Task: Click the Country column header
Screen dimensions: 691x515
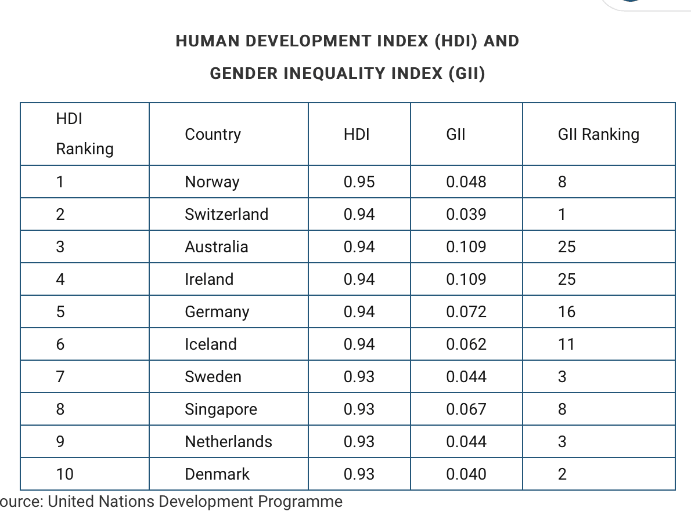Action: click(213, 135)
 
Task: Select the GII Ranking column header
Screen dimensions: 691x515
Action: click(599, 135)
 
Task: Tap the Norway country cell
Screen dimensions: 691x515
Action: click(212, 182)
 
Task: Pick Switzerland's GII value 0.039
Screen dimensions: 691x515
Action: click(466, 215)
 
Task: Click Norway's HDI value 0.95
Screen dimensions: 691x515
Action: click(359, 182)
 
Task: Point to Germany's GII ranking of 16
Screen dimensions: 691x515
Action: click(567, 311)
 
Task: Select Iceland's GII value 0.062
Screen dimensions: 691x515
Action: click(466, 344)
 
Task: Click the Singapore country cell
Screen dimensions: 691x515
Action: click(221, 409)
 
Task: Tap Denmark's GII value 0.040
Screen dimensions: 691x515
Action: click(466, 474)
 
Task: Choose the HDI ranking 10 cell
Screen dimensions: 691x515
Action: click(64, 474)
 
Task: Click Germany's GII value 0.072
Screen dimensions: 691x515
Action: click(466, 311)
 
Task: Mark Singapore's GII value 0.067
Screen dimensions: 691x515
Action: click(466, 409)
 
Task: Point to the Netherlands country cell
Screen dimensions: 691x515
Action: click(228, 441)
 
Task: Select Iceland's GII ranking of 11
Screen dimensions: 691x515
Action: click(566, 344)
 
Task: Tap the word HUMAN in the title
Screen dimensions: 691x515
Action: click(207, 41)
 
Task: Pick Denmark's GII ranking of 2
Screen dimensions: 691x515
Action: click(562, 474)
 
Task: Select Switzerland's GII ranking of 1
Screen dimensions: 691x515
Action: click(562, 215)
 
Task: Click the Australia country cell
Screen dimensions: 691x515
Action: click(217, 247)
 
